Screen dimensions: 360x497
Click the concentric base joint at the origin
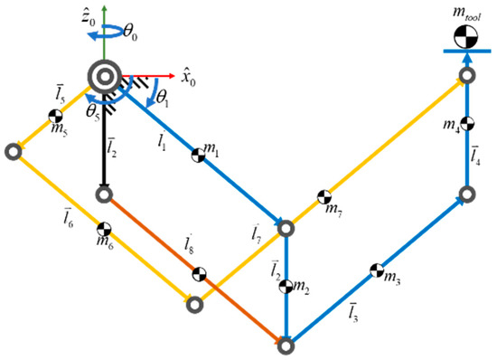click(x=105, y=75)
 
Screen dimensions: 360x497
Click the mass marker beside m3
click(x=377, y=270)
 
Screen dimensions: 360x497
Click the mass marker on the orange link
click(x=200, y=272)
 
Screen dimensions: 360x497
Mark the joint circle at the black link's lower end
click(x=105, y=193)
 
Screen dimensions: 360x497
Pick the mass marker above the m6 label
click(x=105, y=226)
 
